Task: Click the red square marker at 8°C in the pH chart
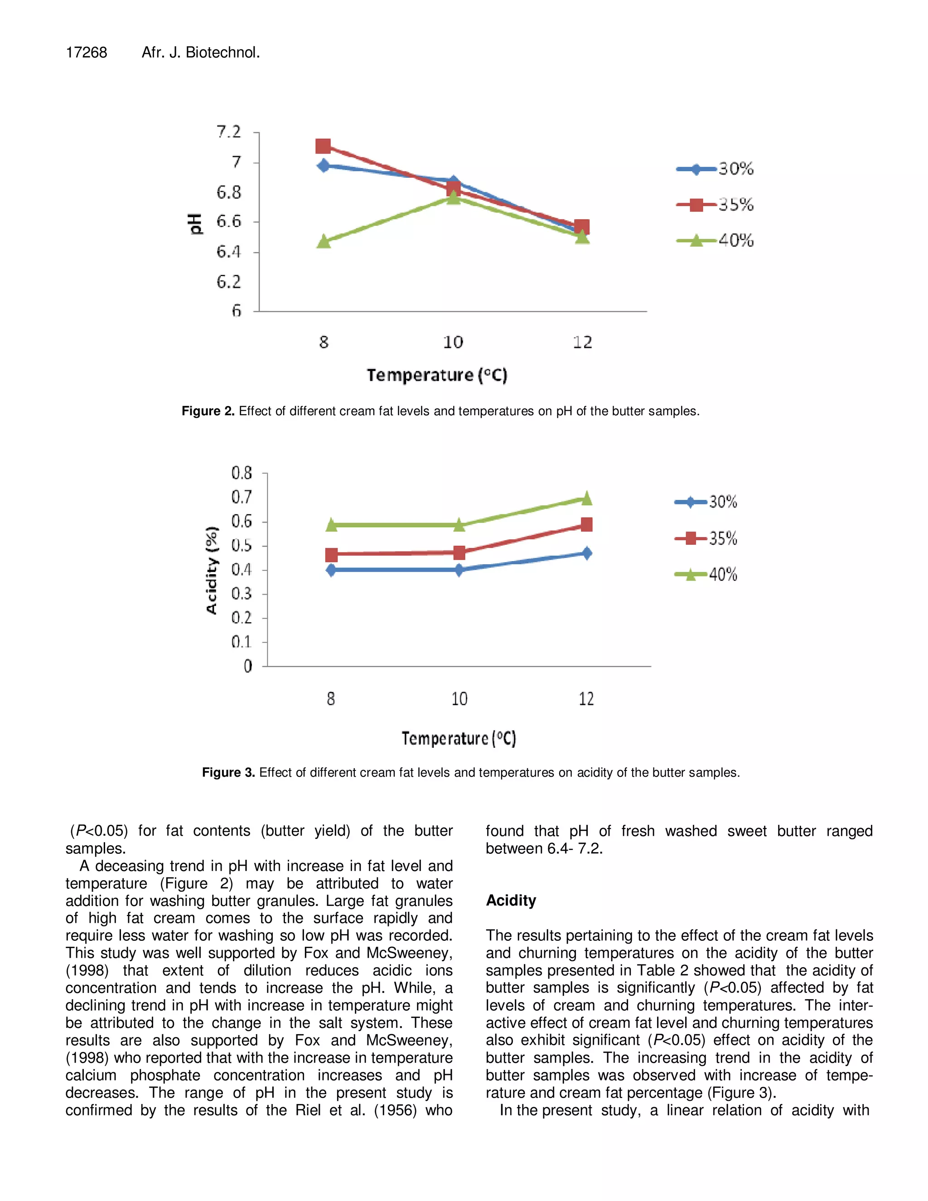tap(323, 146)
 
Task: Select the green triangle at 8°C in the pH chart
tap(324, 242)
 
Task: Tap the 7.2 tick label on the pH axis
tap(229, 132)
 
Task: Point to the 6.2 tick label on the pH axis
tap(229, 282)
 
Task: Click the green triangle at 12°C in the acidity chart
tap(587, 498)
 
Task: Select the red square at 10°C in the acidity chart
tap(459, 552)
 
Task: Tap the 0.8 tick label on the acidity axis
tap(242, 473)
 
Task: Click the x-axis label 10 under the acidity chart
tap(459, 699)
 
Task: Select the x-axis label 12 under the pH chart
tap(582, 342)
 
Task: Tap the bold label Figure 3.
tap(228, 772)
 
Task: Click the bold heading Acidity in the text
tap(511, 900)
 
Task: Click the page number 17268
tap(86, 52)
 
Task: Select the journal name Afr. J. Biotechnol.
tap(201, 52)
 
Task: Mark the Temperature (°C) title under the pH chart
tap(437, 375)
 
